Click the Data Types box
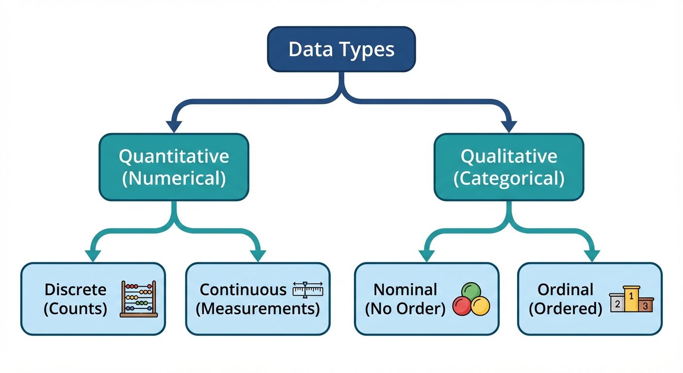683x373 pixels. click(341, 50)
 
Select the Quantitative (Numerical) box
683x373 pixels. click(174, 168)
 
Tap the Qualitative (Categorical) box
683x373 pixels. click(508, 168)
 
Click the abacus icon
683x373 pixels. click(139, 299)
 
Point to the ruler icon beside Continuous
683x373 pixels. click(308, 290)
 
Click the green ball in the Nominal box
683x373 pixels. click(471, 292)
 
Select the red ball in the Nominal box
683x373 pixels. click(462, 306)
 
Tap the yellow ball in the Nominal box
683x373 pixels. click(480, 306)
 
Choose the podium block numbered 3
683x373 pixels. click(645, 305)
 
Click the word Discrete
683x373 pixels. click(75, 290)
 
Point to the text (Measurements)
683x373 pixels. click(258, 309)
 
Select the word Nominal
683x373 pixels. click(405, 290)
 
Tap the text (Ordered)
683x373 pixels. click(565, 309)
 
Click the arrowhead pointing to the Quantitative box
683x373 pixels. click(174, 125)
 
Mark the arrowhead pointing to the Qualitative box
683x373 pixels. click(508, 125)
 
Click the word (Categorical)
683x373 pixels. click(508, 179)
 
